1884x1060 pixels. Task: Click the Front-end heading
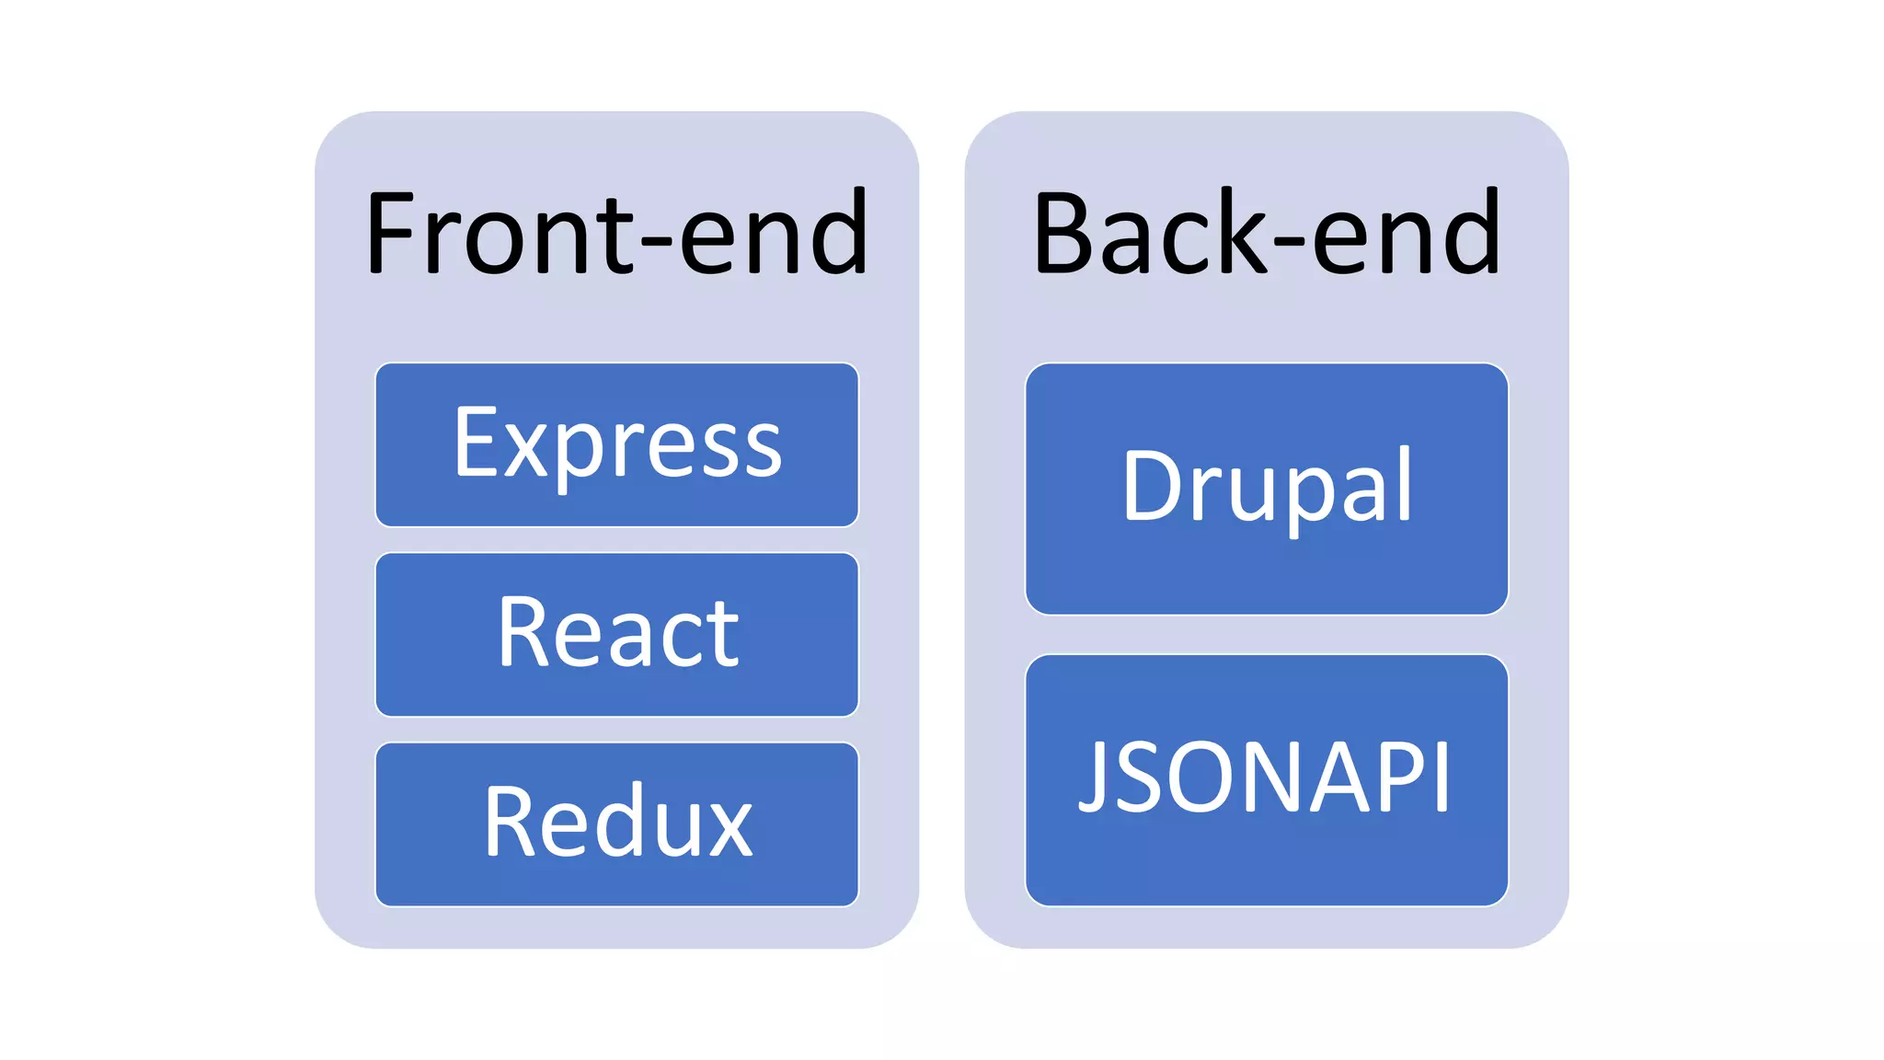click(616, 234)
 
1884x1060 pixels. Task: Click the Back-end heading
click(1266, 234)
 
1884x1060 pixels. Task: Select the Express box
click(616, 445)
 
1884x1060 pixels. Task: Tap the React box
click(616, 635)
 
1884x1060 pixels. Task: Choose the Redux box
click(616, 824)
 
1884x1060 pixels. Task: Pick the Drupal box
click(1266, 488)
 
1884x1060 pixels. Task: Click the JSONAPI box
click(1266, 780)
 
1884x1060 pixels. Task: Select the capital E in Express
click(476, 444)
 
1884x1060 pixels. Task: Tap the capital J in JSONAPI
click(1095, 778)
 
